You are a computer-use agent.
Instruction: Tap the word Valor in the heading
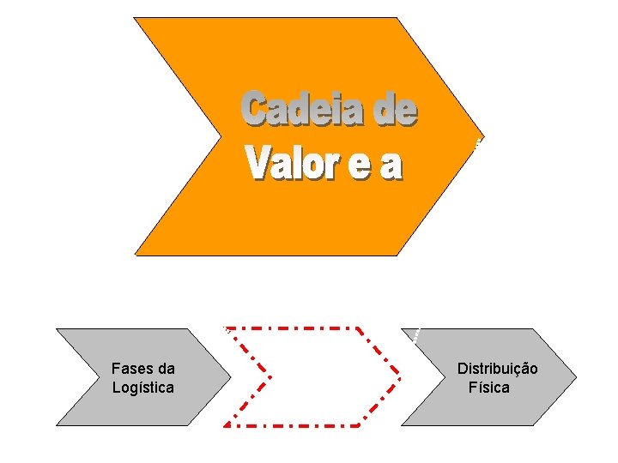(x=290, y=163)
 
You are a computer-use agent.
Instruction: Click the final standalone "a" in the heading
(x=391, y=165)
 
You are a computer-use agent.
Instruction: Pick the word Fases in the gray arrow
(x=131, y=369)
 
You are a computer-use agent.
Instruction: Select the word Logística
(x=142, y=388)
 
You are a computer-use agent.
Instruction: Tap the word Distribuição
(x=498, y=369)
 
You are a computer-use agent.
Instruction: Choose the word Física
(x=489, y=388)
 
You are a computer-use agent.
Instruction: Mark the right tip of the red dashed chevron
(x=401, y=376)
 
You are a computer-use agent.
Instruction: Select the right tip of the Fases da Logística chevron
(x=231, y=376)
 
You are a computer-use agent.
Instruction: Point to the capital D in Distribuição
(x=462, y=369)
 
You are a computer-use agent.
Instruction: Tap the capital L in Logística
(x=116, y=388)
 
